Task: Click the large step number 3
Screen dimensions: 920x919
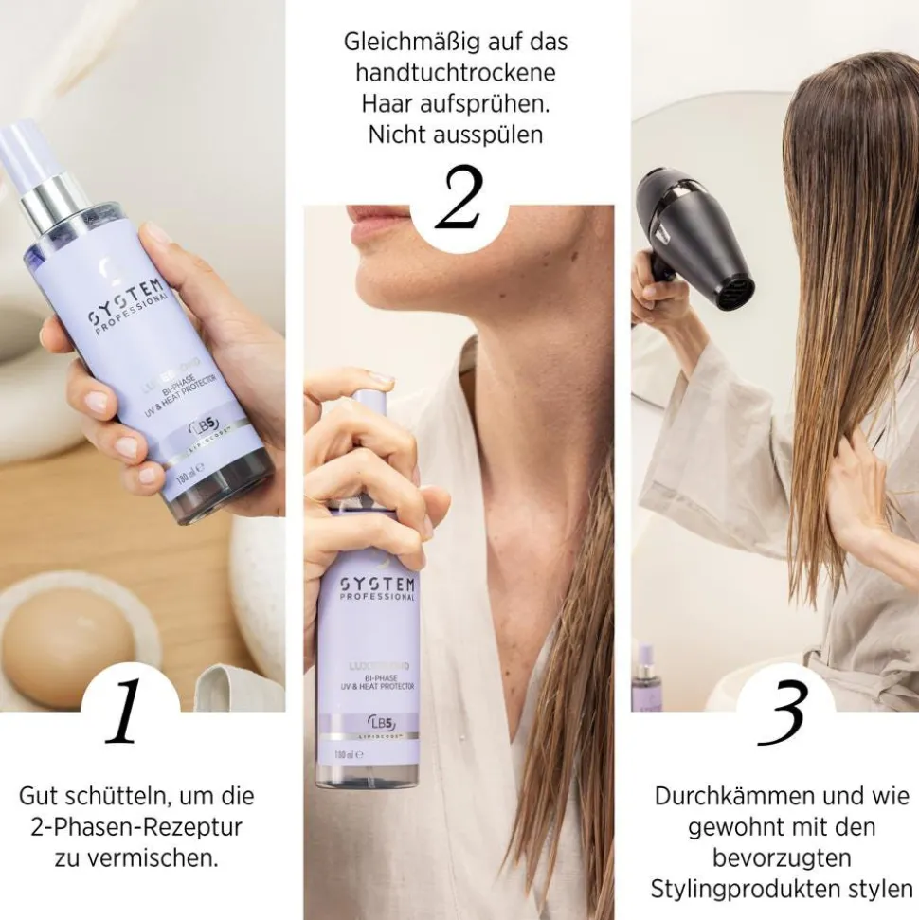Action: point(784,713)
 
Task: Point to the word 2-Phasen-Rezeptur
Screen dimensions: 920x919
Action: point(135,826)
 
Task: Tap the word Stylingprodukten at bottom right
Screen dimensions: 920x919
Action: point(766,891)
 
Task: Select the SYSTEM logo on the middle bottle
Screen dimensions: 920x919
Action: point(365,584)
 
